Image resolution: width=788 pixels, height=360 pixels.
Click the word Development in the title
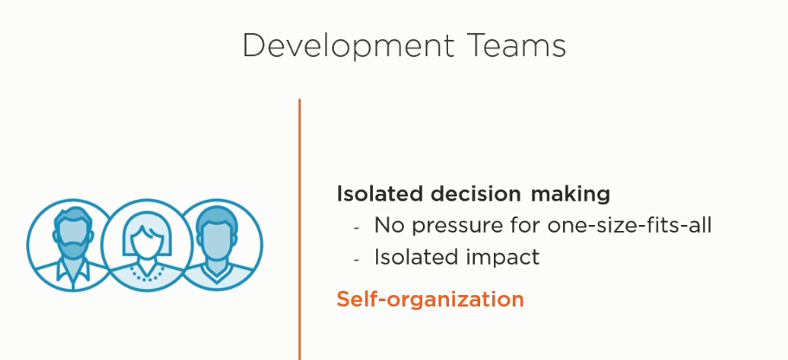pos(349,46)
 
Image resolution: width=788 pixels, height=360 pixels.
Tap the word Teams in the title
pos(517,45)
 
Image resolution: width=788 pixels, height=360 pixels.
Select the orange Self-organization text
pos(430,299)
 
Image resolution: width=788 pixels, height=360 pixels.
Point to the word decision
pos(476,194)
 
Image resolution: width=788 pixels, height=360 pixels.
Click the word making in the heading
pos(570,195)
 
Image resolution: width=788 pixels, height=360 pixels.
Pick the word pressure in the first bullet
pos(455,226)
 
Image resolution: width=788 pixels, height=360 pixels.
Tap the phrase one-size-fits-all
pos(629,225)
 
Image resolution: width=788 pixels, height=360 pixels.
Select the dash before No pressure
pos(356,228)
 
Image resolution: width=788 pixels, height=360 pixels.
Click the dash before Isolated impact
pos(356,260)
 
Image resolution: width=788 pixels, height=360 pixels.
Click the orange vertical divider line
pos(299,229)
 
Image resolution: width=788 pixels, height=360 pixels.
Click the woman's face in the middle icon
pos(145,241)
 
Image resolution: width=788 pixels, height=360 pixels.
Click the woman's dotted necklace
pos(146,274)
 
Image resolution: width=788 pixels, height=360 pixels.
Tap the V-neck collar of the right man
pos(217,274)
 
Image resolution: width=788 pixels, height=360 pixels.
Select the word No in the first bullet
pos(389,225)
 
